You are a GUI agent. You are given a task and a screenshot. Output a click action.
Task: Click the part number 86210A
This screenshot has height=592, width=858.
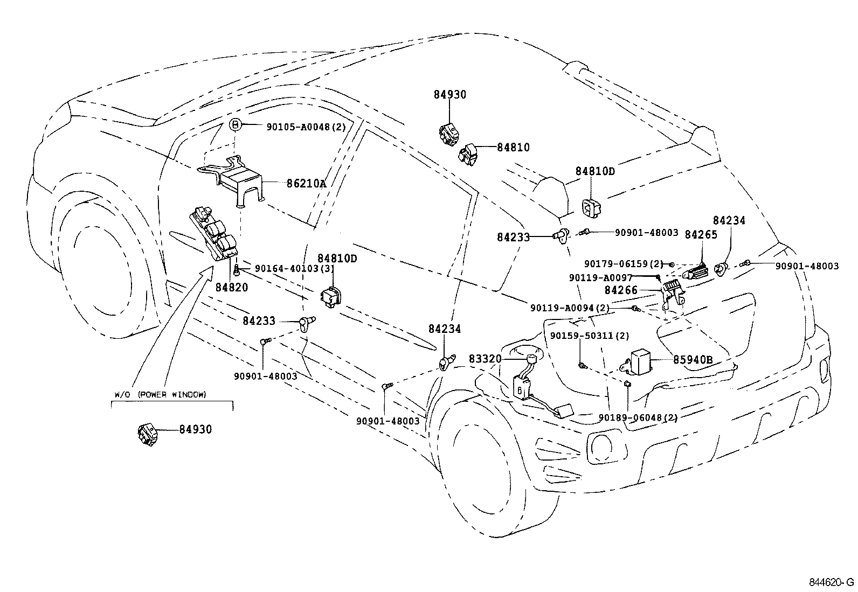tap(306, 184)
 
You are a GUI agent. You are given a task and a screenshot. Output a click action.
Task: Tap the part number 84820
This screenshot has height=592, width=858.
tap(232, 288)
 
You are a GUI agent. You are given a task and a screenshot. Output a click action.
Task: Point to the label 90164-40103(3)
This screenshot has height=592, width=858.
tap(294, 268)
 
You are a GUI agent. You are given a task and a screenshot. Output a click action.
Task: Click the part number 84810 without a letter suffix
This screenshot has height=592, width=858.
tap(513, 147)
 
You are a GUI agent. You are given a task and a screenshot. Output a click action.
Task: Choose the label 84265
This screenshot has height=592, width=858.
tap(701, 234)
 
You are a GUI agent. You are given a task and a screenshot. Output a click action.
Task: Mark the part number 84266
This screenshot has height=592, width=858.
tap(621, 290)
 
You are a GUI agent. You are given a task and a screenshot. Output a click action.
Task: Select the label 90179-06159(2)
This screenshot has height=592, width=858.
tap(624, 264)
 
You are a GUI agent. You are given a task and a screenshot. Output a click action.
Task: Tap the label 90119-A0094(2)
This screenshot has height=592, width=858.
tap(570, 308)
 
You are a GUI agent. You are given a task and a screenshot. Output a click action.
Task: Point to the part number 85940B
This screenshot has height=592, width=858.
tap(693, 359)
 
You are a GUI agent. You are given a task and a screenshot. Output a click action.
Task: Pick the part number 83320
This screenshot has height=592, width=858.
tap(485, 359)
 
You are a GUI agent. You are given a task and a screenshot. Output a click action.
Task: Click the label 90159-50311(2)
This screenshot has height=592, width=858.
tap(590, 336)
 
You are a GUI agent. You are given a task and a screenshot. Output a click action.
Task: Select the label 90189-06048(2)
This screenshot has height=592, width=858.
tap(638, 417)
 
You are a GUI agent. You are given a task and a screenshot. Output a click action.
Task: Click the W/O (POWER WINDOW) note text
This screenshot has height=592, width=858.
tap(160, 395)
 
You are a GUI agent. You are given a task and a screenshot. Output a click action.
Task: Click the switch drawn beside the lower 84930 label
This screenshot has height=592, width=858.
tap(146, 434)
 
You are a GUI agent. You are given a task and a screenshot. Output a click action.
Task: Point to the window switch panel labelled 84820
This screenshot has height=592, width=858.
tap(213, 235)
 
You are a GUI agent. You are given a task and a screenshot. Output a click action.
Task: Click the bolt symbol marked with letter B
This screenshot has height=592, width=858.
tap(236, 124)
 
